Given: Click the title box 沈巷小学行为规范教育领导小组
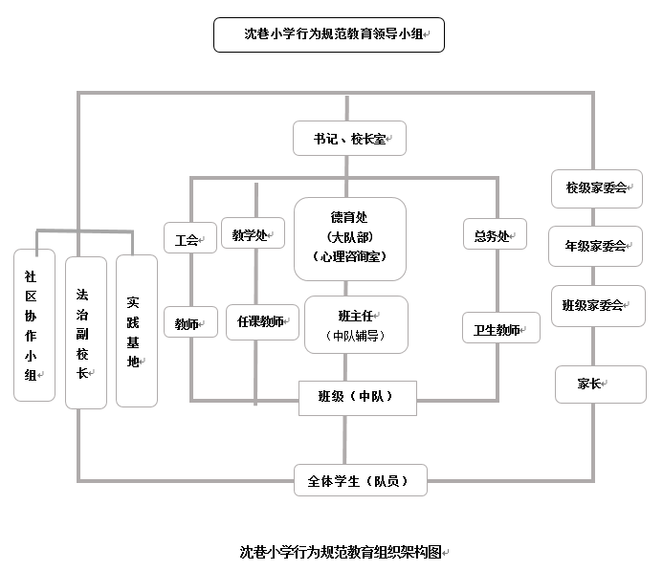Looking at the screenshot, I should coord(329,34).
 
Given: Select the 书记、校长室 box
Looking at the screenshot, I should coord(350,139).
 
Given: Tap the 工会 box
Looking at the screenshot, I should coord(187,240).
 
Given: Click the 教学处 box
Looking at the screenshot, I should coord(252,235).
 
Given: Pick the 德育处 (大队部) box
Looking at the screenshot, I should coord(349,238).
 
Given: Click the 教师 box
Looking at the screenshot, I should coord(187,324).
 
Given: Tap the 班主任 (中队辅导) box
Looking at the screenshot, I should coord(349,324).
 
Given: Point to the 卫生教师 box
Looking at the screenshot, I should coord(500,329).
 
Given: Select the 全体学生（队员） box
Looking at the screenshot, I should coord(360,480).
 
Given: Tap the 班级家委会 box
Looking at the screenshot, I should coord(597,305).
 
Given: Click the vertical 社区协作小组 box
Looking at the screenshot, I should coord(34,324).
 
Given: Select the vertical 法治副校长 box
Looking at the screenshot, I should coord(85,332).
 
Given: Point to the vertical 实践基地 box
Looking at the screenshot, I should coord(136,331).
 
